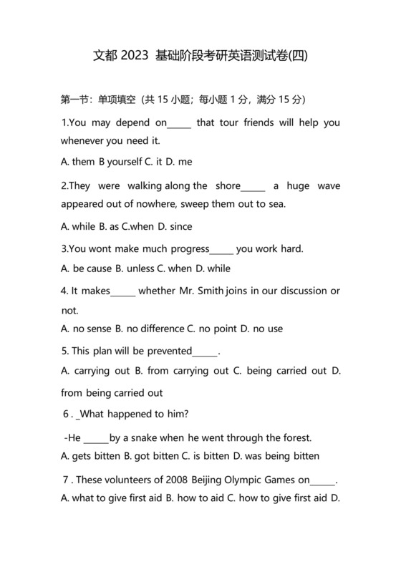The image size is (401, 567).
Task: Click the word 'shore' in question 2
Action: pyautogui.click(x=228, y=186)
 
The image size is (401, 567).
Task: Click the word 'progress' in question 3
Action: pyautogui.click(x=185, y=249)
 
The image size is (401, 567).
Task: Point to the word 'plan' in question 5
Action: pyautogui.click(x=104, y=352)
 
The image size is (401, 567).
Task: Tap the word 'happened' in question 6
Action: pyautogui.click(x=137, y=415)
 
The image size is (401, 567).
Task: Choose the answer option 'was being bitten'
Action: pyautogui.click(x=282, y=456)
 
